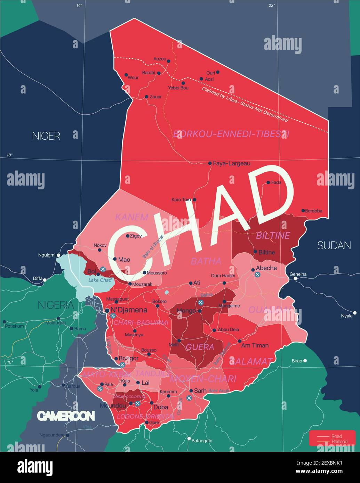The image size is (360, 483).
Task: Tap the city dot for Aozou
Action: click(x=169, y=61)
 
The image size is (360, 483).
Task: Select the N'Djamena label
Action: click(x=129, y=310)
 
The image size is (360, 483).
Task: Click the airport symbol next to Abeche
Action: click(x=257, y=275)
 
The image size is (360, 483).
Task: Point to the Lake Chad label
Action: click(x=100, y=280)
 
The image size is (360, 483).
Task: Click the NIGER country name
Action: click(x=46, y=136)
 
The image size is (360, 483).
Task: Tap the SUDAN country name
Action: click(x=334, y=246)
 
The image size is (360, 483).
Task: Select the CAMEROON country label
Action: click(x=66, y=416)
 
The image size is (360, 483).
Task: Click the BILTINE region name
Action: click(x=273, y=236)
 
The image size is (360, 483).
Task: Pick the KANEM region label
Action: click(x=131, y=217)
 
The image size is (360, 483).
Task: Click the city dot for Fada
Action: click(x=268, y=182)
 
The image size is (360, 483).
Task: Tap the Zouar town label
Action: click(x=155, y=97)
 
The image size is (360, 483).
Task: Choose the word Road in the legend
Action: click(x=337, y=436)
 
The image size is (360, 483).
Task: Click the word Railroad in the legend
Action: click(x=339, y=442)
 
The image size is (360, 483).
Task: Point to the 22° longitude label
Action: click(x=272, y=5)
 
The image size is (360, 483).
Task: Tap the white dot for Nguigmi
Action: click(x=59, y=255)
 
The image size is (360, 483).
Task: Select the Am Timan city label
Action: click(x=255, y=345)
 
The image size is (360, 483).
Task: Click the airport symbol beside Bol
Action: click(x=103, y=269)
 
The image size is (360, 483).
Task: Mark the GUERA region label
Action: click(x=200, y=347)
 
